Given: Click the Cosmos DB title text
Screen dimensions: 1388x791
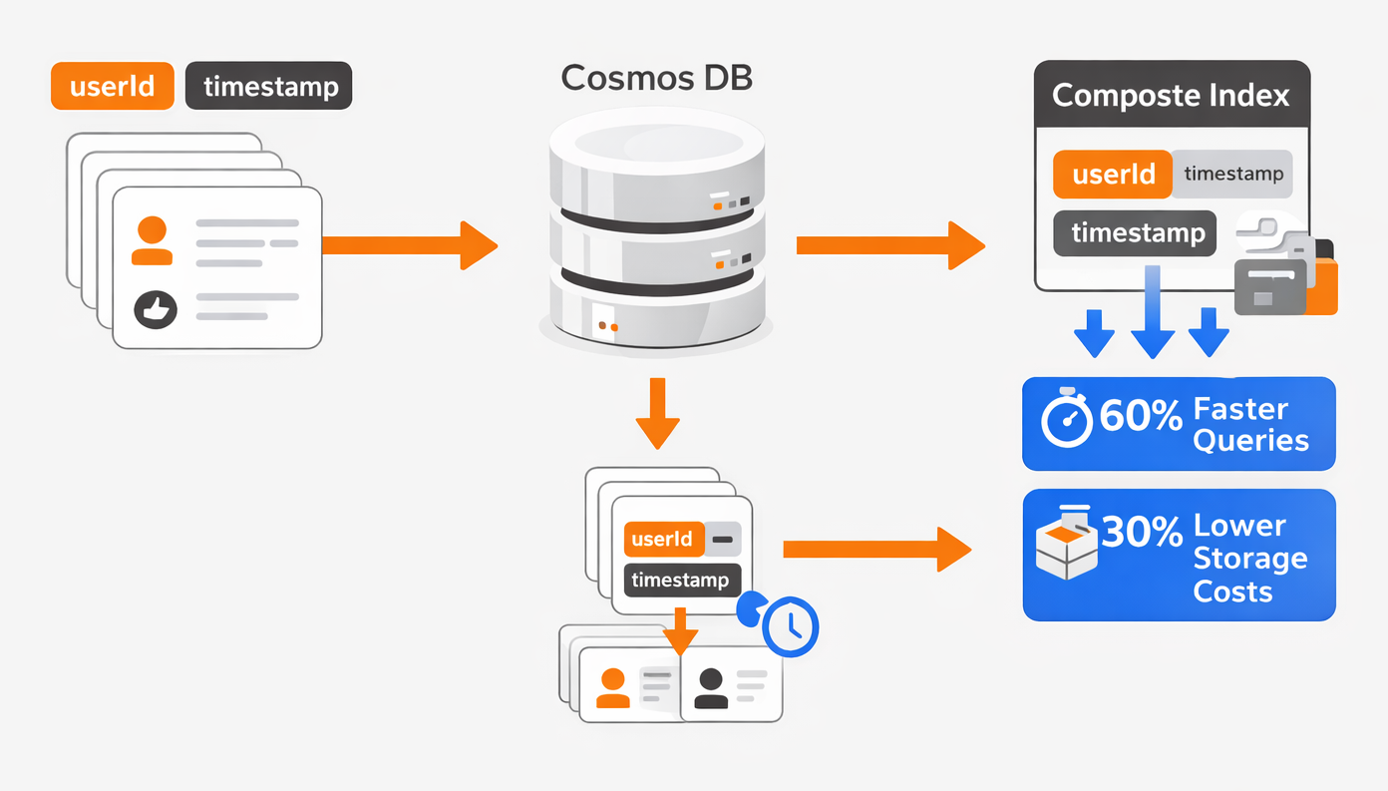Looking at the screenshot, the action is pyautogui.click(x=657, y=78).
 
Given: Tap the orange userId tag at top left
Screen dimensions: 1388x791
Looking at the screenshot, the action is pyautogui.click(x=112, y=86).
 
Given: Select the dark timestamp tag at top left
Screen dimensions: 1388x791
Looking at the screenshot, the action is pyautogui.click(x=268, y=86).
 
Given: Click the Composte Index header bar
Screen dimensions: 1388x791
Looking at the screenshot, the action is pyautogui.click(x=1172, y=94).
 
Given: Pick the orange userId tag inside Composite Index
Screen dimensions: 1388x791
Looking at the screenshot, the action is pyautogui.click(x=1112, y=175).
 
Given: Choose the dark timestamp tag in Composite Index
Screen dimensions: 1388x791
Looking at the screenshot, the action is pyautogui.click(x=1135, y=233).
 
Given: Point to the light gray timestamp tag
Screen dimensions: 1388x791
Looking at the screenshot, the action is pyautogui.click(x=1232, y=175).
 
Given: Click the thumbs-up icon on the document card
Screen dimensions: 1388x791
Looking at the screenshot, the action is pyautogui.click(x=156, y=309).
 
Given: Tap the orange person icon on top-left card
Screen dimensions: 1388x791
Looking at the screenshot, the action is pyautogui.click(x=152, y=240).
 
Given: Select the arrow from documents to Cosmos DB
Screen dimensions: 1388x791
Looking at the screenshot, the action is pyautogui.click(x=410, y=245).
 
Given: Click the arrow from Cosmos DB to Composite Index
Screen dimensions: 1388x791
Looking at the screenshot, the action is pyautogui.click(x=890, y=245).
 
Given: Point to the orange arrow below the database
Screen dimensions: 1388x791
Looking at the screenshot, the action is pyautogui.click(x=657, y=414).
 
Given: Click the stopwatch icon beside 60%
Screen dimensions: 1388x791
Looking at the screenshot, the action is pyautogui.click(x=1066, y=417).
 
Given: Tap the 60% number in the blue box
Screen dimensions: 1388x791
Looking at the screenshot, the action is pyautogui.click(x=1141, y=415).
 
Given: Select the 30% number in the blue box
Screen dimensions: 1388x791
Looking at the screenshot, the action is pyautogui.click(x=1142, y=532).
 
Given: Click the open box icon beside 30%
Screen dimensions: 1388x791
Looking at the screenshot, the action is pyautogui.click(x=1066, y=543).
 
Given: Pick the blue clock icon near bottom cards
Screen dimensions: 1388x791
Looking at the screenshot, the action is pyautogui.click(x=790, y=626).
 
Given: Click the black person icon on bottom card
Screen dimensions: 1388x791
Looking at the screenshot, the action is pyautogui.click(x=711, y=688).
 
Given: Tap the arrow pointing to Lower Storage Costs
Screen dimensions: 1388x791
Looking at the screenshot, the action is pyautogui.click(x=876, y=550).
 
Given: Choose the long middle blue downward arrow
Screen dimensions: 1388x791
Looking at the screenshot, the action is pyautogui.click(x=1153, y=312).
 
